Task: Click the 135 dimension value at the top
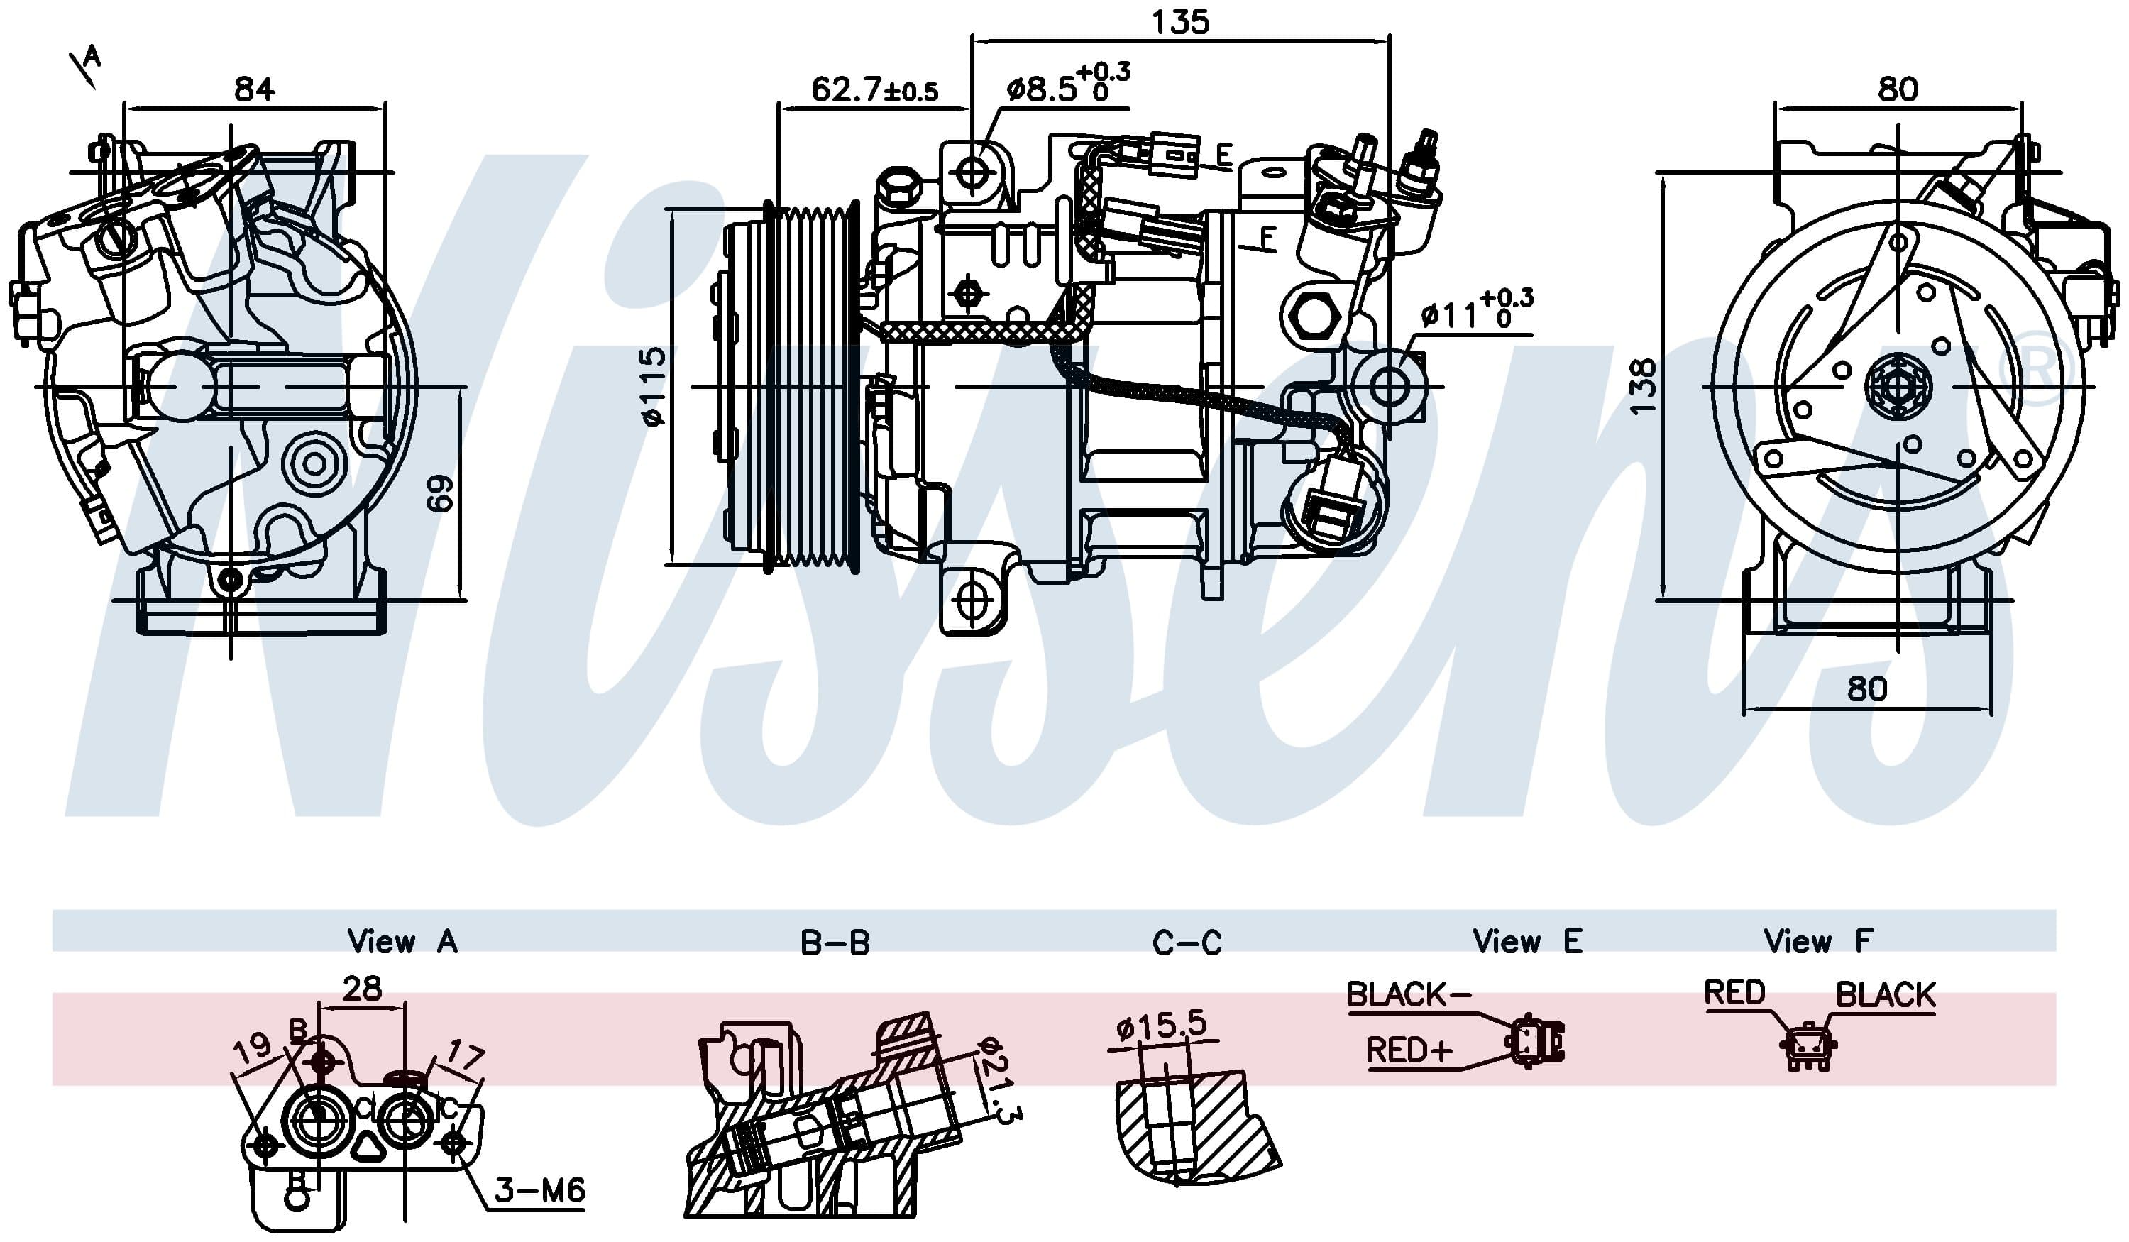pos(1180,21)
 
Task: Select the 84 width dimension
pos(254,89)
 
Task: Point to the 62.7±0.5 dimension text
pos(874,89)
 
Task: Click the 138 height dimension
pos(1642,386)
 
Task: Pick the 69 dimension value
pos(440,493)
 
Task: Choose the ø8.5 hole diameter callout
pos(1068,84)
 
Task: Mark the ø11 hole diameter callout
pos(1477,310)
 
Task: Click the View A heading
pos(402,941)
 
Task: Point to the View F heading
pos(1818,940)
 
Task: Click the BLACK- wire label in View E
pos(1409,994)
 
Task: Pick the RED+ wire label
pos(1409,1050)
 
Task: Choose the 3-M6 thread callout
pos(540,1189)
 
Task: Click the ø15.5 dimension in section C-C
pos(1162,1025)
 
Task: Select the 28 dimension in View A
pos(363,988)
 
